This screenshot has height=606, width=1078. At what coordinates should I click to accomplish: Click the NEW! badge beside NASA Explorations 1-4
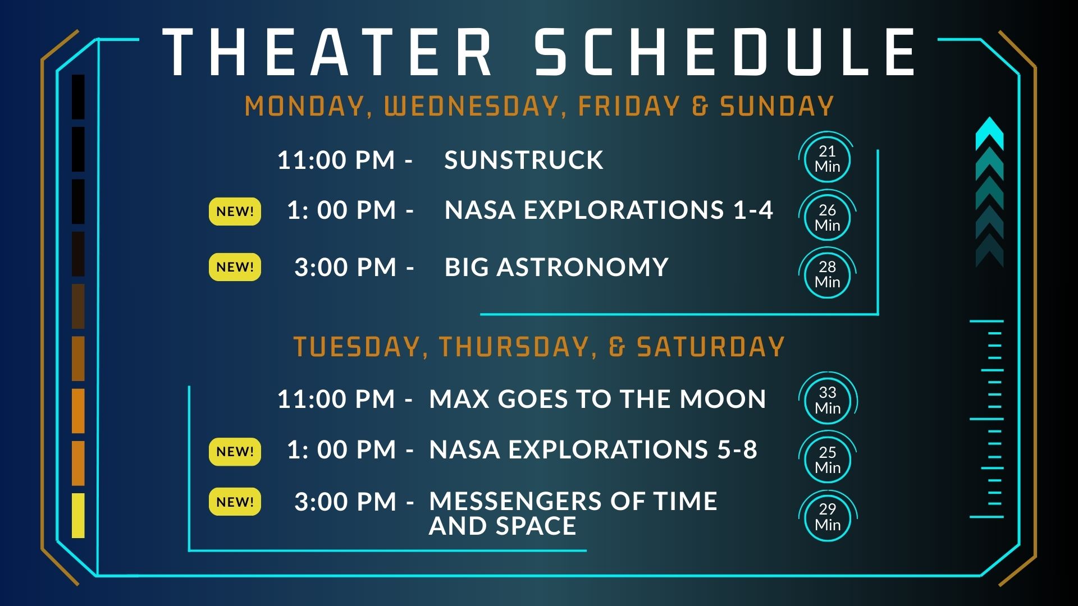(235, 212)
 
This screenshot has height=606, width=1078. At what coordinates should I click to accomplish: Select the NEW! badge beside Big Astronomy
(235, 267)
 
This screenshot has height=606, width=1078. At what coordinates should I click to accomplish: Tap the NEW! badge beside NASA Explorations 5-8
(235, 452)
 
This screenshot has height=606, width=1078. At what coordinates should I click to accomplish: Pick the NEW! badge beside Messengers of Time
(235, 502)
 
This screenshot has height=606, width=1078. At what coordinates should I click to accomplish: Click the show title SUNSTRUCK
(524, 160)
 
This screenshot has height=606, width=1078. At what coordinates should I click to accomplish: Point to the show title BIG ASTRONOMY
(556, 267)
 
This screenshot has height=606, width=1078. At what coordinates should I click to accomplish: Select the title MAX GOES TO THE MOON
(597, 399)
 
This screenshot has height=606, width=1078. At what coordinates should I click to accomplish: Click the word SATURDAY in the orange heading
(710, 347)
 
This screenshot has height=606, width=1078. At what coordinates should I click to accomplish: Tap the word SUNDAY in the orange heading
(777, 106)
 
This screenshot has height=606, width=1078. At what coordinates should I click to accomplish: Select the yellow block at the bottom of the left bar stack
(78, 516)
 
